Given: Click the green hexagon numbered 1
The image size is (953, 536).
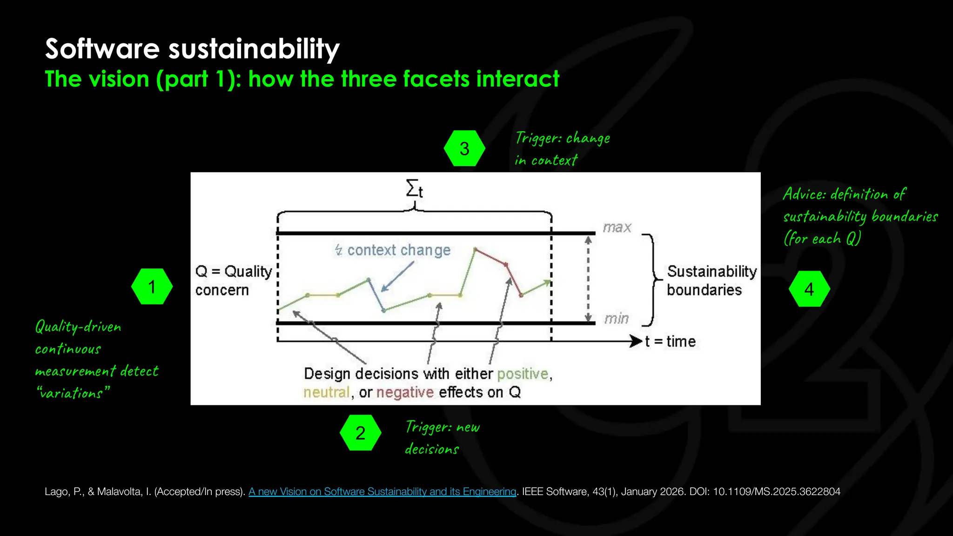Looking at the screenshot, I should point(152,287).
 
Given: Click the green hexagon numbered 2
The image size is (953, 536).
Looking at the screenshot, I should point(360,433).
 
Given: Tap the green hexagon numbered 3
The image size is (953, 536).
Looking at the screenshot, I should point(464,148).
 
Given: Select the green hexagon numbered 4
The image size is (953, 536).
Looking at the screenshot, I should point(809,289).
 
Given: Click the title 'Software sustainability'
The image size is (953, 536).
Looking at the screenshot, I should point(192,49).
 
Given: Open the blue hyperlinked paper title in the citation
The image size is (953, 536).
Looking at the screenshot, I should point(382,492).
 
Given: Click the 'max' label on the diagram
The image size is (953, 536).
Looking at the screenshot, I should point(617,228).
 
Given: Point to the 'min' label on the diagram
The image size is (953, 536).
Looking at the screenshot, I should point(616,319).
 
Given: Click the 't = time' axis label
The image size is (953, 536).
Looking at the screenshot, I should point(670,342).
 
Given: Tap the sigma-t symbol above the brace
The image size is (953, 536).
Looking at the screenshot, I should point(414,189).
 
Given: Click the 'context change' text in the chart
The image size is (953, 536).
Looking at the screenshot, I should point(398,250).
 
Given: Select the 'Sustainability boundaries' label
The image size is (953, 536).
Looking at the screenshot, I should point(711,281).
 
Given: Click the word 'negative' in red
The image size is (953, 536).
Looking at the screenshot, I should point(405,393).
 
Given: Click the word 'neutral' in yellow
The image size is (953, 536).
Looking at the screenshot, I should point(326,393).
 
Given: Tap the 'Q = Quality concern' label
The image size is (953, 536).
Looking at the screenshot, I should point(233,281).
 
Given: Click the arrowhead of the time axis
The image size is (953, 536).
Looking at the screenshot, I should point(636,342).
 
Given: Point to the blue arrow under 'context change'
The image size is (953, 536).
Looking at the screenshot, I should point(397,277).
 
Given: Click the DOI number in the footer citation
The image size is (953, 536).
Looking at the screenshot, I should point(776,492).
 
